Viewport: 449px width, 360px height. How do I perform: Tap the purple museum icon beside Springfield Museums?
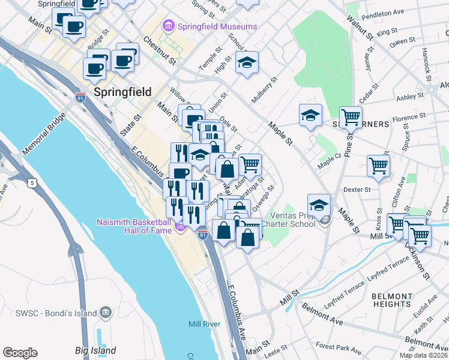[168, 26]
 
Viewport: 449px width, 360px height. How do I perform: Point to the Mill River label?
[204, 324]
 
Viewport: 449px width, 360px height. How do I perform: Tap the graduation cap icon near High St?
[247, 63]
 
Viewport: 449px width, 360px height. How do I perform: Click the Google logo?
[20, 353]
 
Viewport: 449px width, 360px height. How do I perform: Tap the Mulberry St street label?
[265, 89]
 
